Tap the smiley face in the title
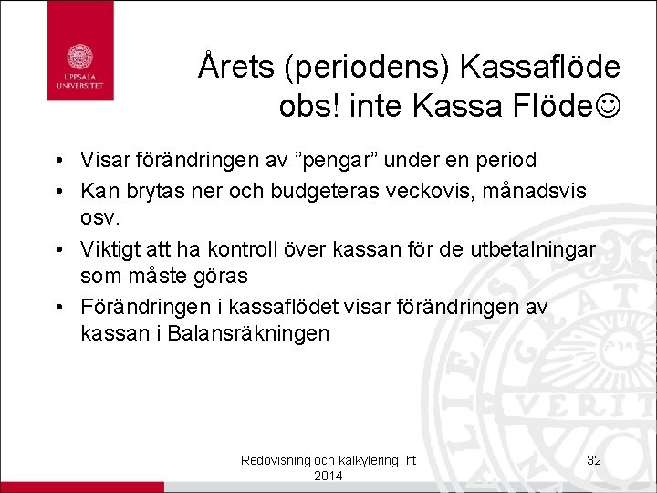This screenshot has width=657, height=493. (605, 106)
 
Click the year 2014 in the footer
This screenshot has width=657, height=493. (328, 477)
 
